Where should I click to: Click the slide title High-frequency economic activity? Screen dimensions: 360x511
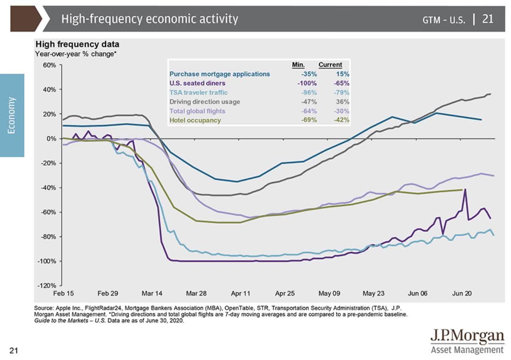click(149, 19)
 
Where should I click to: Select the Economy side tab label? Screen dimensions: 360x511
click(12, 115)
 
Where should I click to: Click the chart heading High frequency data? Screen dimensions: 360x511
click(77, 45)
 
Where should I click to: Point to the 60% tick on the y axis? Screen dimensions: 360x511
click(50, 65)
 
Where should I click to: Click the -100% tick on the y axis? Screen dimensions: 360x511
click(48, 261)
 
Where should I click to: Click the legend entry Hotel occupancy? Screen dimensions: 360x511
click(195, 120)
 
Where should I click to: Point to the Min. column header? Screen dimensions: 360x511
click(298, 65)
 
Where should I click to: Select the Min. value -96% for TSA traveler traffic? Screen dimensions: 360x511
click(308, 93)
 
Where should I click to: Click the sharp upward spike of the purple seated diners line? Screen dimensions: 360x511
click(465, 189)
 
